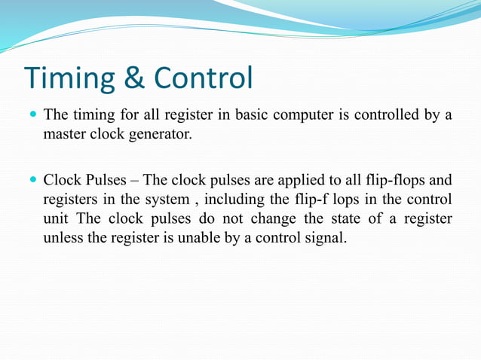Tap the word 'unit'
click(x=55, y=220)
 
